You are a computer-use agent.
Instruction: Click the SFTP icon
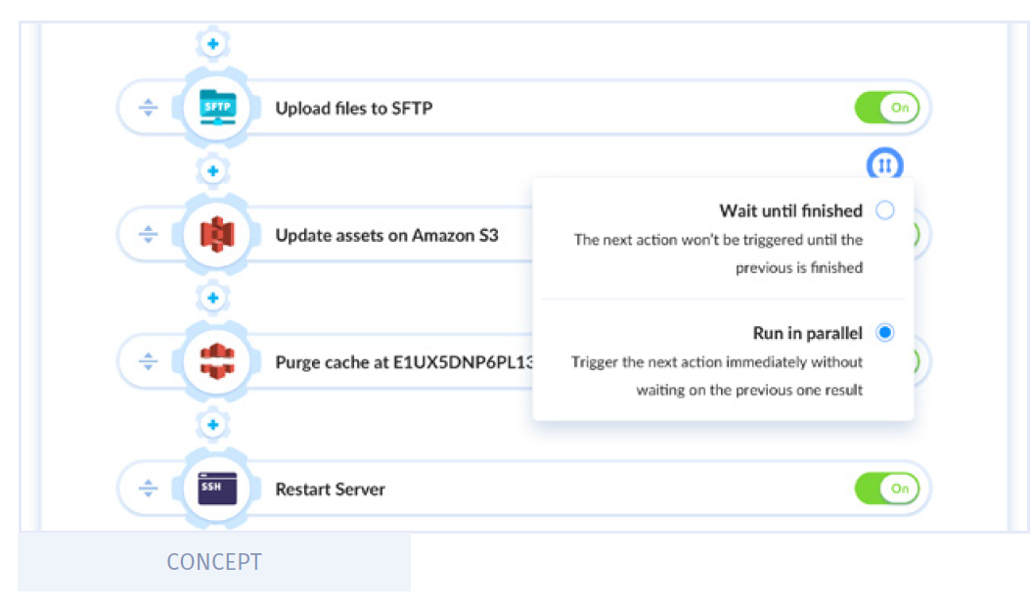pos(217,107)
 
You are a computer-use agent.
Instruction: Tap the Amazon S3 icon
pos(217,234)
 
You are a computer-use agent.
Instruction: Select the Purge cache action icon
pos(217,361)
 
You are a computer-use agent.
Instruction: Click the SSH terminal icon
pos(217,489)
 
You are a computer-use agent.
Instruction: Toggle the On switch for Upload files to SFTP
pos(886,108)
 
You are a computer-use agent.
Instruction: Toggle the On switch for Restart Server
pos(886,489)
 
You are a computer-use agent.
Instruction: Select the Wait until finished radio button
pos(885,211)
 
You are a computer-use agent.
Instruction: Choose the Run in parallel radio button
pos(885,333)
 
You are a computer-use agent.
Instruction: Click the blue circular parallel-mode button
pos(884,164)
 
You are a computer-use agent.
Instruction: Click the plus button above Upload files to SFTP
pos(212,44)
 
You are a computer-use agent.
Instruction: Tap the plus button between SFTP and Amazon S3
pos(212,171)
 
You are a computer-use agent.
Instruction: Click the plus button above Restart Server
pos(212,425)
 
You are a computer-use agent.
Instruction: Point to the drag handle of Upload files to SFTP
pos(148,108)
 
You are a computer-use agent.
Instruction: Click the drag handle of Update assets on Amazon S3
pos(148,234)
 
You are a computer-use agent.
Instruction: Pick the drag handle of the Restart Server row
pos(148,489)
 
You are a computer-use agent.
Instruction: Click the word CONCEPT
pos(214,562)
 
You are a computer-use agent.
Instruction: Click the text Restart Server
pos(330,489)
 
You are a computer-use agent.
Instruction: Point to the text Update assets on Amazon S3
pos(386,235)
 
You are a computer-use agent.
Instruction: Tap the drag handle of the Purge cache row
pos(148,361)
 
